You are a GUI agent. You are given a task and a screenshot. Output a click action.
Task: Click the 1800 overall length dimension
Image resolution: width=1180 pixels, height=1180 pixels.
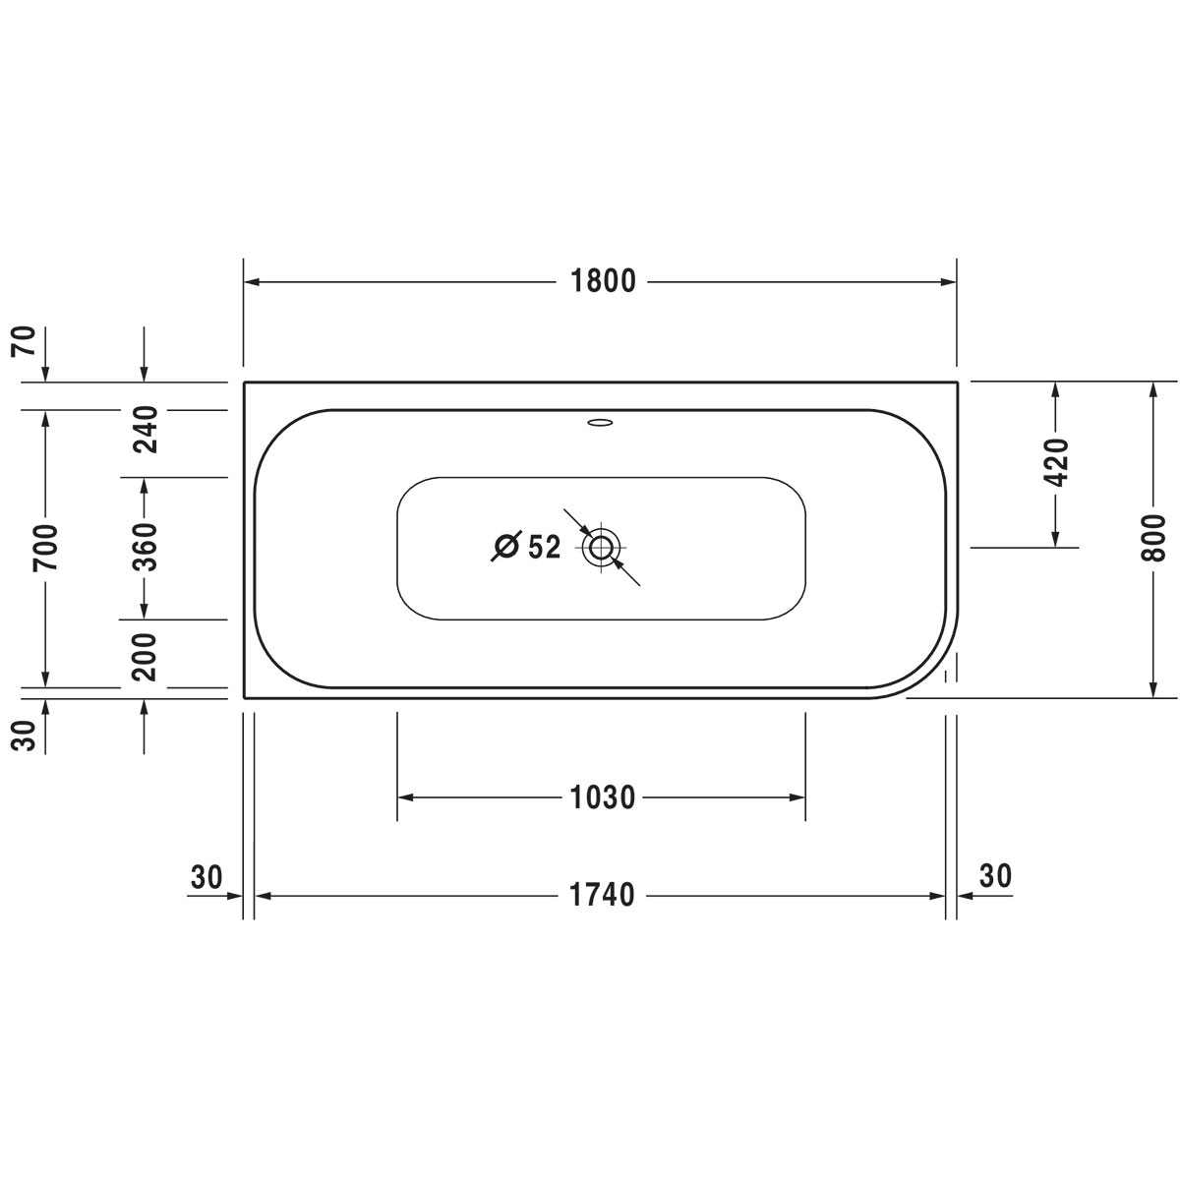pyautogui.click(x=603, y=281)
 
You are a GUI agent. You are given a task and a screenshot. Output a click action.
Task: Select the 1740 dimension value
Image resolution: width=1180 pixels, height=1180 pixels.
pyautogui.click(x=603, y=895)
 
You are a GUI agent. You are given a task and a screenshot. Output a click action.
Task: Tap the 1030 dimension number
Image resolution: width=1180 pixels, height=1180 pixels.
pyautogui.click(x=603, y=797)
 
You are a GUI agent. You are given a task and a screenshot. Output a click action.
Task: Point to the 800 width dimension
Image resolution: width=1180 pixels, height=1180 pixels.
pyautogui.click(x=1153, y=539)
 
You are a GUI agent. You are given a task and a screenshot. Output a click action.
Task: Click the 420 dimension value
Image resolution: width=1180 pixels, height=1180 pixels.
pyautogui.click(x=1056, y=462)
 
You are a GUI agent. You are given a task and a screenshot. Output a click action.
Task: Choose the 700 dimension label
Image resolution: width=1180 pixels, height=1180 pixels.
pyautogui.click(x=45, y=548)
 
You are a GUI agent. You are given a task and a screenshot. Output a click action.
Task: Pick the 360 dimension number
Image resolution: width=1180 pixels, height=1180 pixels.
pyautogui.click(x=146, y=547)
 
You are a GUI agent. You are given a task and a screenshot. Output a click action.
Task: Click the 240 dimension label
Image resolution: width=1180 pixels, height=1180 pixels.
pyautogui.click(x=146, y=430)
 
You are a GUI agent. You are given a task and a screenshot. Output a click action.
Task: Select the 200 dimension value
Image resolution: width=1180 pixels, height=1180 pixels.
pyautogui.click(x=146, y=657)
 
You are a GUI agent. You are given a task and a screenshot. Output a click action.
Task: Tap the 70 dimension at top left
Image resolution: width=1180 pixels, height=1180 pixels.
pyautogui.click(x=25, y=341)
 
